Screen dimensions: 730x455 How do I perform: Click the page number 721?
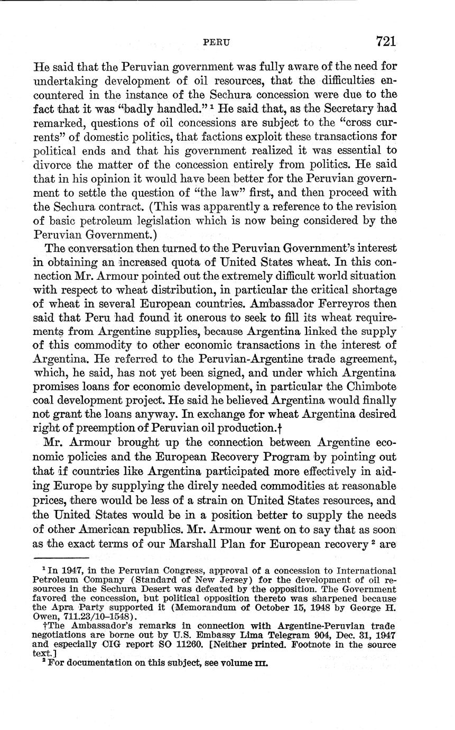point(386,41)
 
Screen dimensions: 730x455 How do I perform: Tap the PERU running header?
point(217,43)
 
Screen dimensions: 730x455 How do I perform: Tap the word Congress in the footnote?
point(159,571)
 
